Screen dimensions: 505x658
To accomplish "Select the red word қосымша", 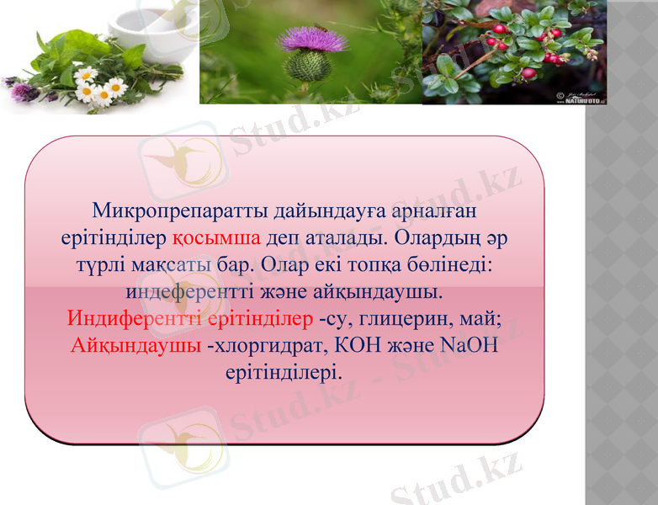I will [220, 237].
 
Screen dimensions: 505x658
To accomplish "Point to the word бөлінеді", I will [454, 264].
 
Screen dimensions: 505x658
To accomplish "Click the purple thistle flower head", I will [312, 40].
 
